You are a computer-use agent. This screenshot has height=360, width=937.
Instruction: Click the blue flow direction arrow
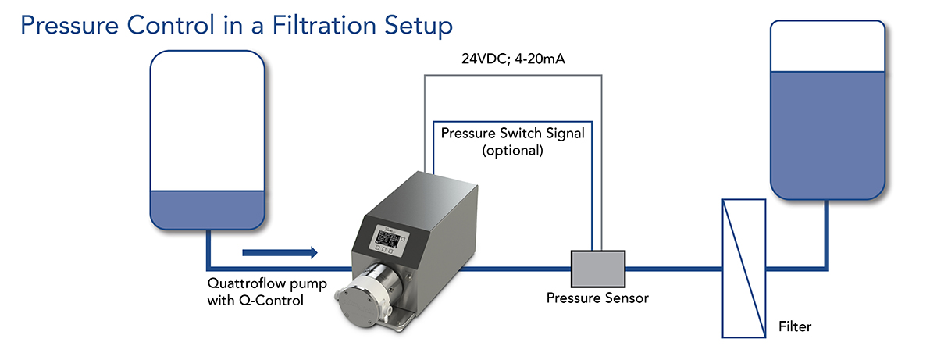click(280, 252)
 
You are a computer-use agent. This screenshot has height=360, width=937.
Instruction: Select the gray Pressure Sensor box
click(597, 269)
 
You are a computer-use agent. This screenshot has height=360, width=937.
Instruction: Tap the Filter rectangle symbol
click(743, 269)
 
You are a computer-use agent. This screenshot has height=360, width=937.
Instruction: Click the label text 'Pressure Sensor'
click(597, 298)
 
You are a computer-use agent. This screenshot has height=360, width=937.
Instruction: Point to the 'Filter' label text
click(795, 326)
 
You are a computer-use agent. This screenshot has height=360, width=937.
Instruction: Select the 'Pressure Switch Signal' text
click(512, 133)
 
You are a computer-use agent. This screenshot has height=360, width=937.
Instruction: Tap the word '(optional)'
click(512, 150)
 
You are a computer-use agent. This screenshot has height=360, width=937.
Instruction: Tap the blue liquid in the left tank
click(208, 211)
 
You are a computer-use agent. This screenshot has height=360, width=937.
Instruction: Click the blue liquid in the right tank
click(828, 133)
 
